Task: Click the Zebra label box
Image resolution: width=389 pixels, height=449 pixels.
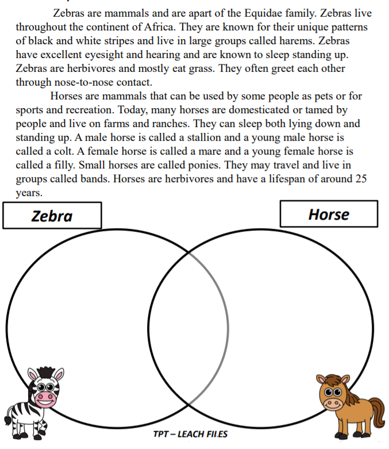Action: [52, 216]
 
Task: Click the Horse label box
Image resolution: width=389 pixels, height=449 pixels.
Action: [329, 214]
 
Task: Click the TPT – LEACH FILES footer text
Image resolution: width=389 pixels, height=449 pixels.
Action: [194, 434]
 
